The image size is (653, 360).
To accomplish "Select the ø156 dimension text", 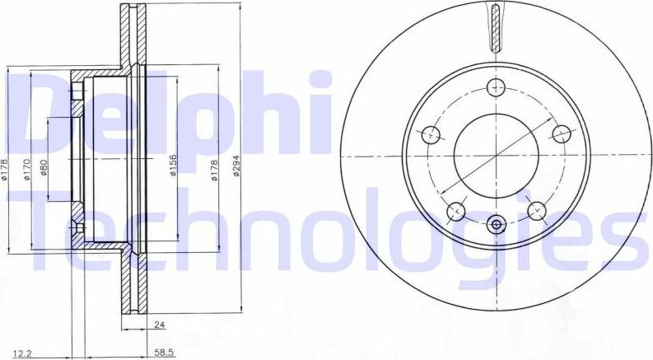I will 173,166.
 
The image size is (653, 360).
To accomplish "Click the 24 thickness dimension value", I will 159,325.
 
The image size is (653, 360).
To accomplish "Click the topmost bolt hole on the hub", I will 496,87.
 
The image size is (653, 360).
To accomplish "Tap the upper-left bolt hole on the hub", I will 431,134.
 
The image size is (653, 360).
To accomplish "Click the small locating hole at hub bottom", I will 496,224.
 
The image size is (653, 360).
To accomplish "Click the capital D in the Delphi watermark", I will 45,107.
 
